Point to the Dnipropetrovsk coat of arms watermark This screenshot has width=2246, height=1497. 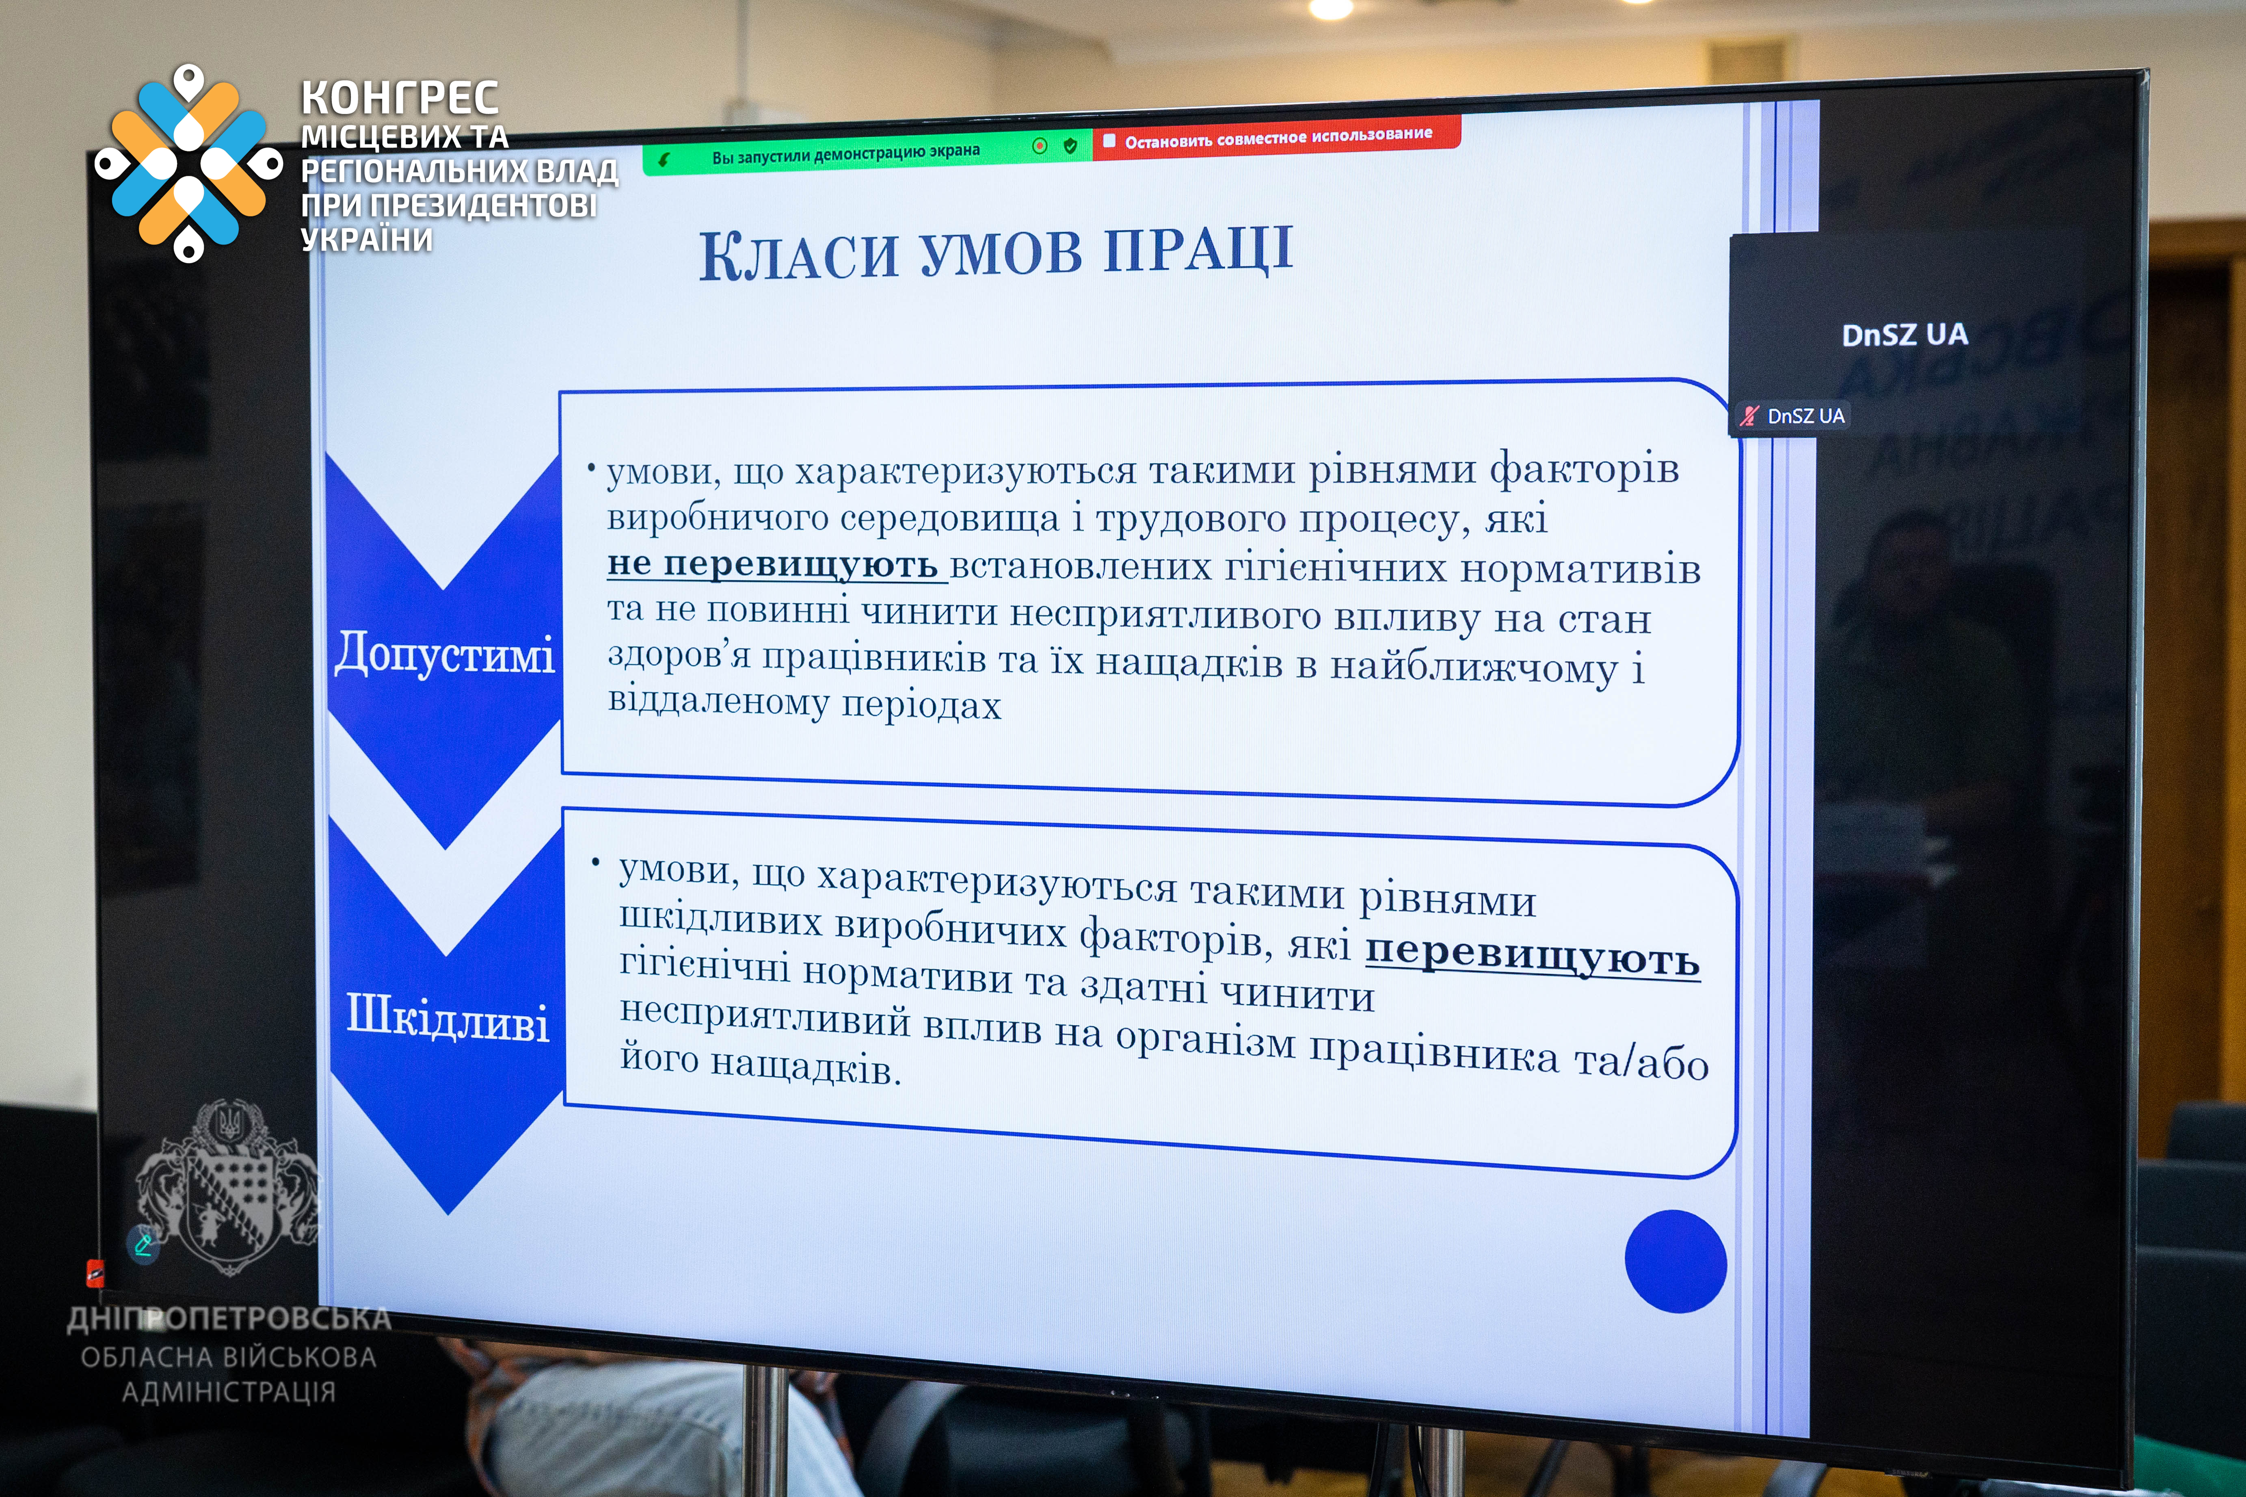pos(227,1187)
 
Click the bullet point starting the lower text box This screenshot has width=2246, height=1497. pos(596,862)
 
